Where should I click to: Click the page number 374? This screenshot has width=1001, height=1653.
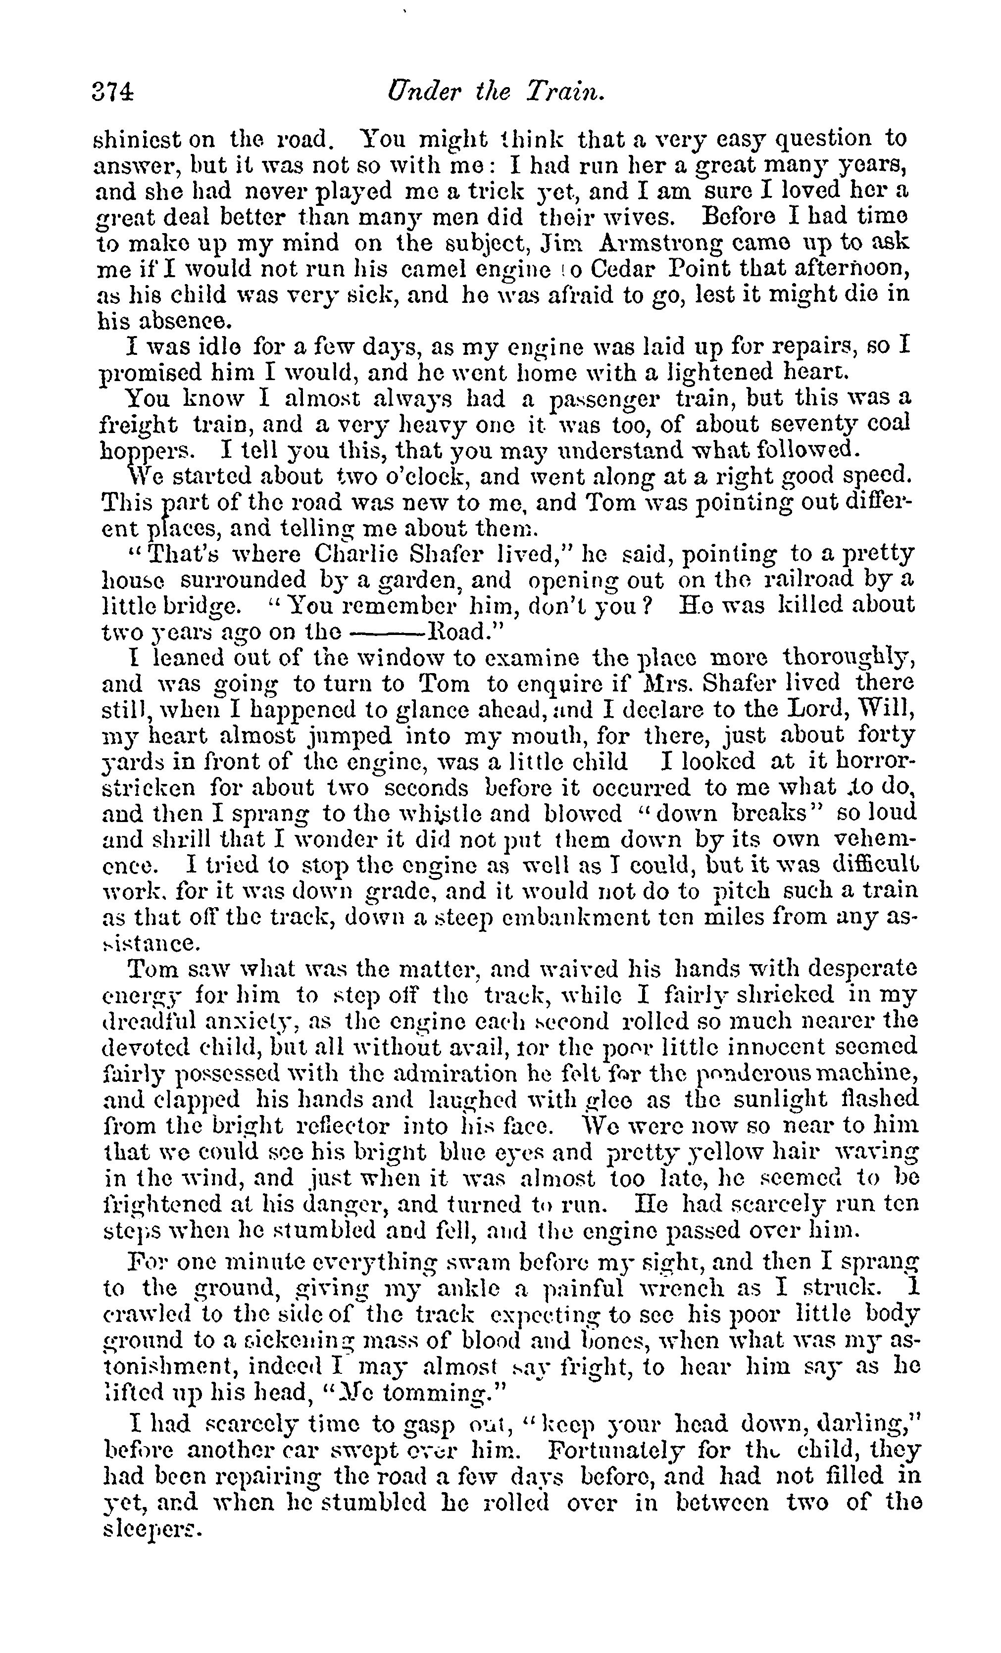tap(113, 92)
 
